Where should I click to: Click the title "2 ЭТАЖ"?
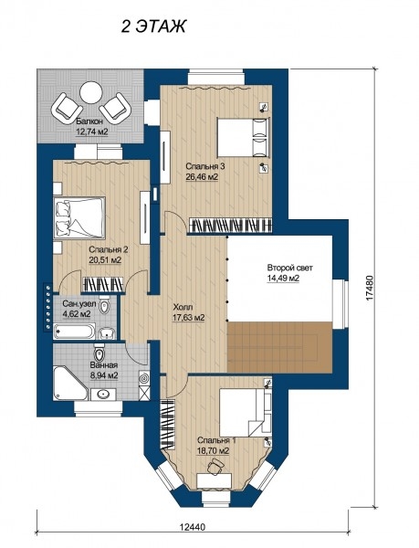153,26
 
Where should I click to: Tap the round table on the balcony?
90,92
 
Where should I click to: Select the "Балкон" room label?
89,121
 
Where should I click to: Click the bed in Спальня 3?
244,137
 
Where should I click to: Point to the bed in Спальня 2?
79,217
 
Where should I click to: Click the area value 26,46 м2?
202,177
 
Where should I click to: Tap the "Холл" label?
183,307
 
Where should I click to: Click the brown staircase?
279,347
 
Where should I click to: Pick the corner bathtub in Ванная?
69,383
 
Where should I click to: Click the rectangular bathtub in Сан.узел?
74,332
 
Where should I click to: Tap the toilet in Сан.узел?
104,305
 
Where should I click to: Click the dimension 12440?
193,527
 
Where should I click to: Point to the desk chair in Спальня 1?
215,466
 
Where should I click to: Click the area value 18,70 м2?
213,451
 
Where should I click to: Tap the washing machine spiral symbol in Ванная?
144,378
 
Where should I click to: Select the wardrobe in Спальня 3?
230,226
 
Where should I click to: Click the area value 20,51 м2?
105,260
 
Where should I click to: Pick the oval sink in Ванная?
102,395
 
